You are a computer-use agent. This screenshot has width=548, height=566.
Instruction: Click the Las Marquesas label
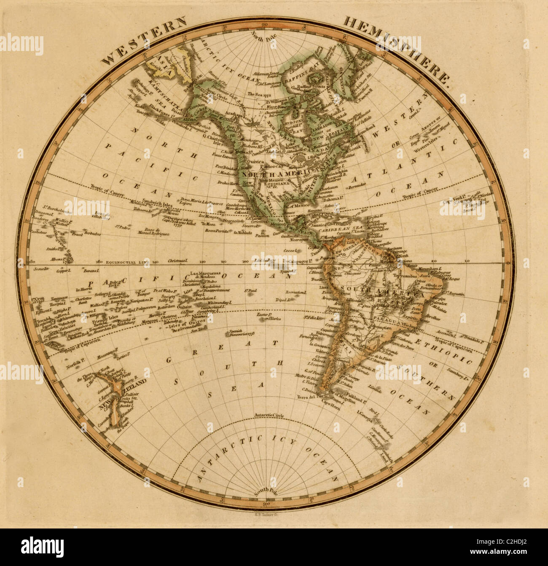tap(204, 273)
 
